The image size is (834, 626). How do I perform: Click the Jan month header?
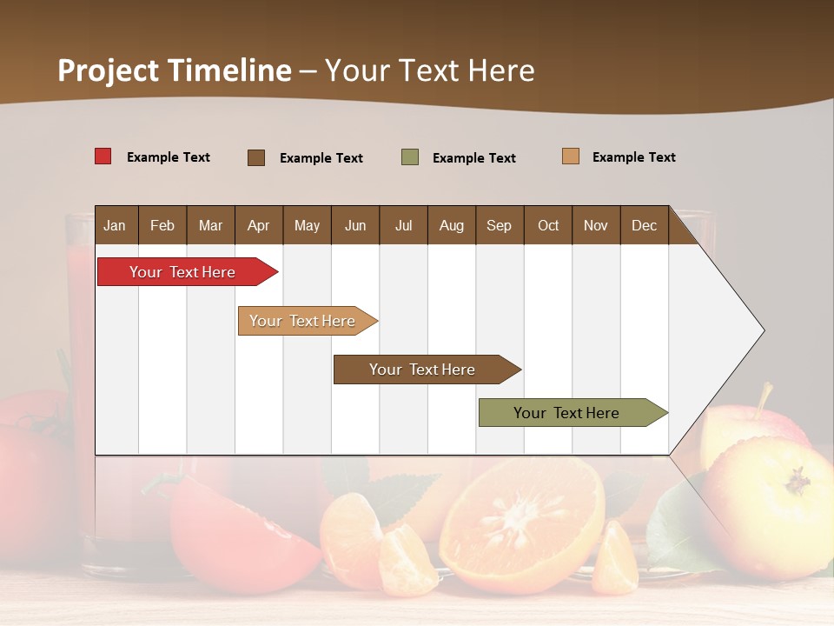[115, 225]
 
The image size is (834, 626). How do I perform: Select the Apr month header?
[258, 225]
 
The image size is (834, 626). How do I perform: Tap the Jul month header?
[403, 225]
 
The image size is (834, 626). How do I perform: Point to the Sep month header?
[499, 225]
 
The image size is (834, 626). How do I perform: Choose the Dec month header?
[644, 225]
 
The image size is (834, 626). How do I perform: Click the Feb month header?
[162, 225]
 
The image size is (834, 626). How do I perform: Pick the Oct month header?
[548, 225]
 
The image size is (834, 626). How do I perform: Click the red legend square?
[103, 156]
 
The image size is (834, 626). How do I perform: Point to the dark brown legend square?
[256, 157]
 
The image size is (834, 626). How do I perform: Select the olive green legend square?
[410, 157]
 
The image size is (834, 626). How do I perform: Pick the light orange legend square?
[571, 156]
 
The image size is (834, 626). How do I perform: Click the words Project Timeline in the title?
[175, 70]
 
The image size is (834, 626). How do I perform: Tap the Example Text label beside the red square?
[169, 157]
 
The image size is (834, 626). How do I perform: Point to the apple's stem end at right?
[797, 480]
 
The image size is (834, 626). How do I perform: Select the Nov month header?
[596, 225]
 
